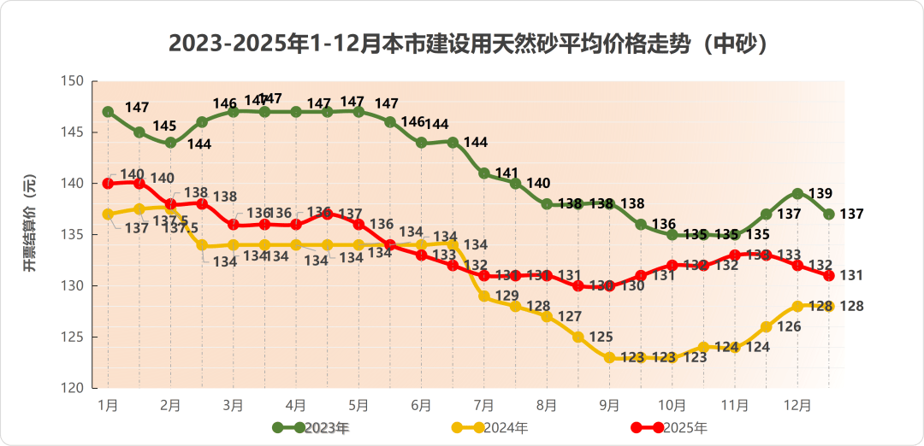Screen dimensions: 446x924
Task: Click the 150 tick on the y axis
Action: pyautogui.click(x=73, y=81)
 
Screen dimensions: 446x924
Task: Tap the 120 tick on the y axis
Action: pyautogui.click(x=73, y=388)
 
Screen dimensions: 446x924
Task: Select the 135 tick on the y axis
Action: pyautogui.click(x=73, y=235)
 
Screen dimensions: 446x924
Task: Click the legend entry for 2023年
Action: pyautogui.click(x=311, y=427)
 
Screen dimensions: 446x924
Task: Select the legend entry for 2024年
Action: pyautogui.click(x=491, y=427)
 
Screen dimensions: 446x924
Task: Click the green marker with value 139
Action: pyautogui.click(x=797, y=194)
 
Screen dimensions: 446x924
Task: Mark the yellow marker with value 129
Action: pyautogui.click(x=484, y=296)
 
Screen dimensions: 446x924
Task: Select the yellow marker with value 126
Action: pyautogui.click(x=767, y=327)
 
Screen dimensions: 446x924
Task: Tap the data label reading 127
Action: pyautogui.click(x=570, y=317)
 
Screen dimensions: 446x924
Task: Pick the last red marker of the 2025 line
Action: pyautogui.click(x=829, y=275)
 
